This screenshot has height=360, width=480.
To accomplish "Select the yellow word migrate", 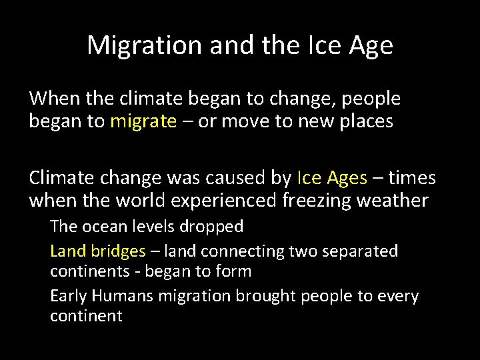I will [144, 122].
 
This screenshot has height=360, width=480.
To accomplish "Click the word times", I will [413, 178].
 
